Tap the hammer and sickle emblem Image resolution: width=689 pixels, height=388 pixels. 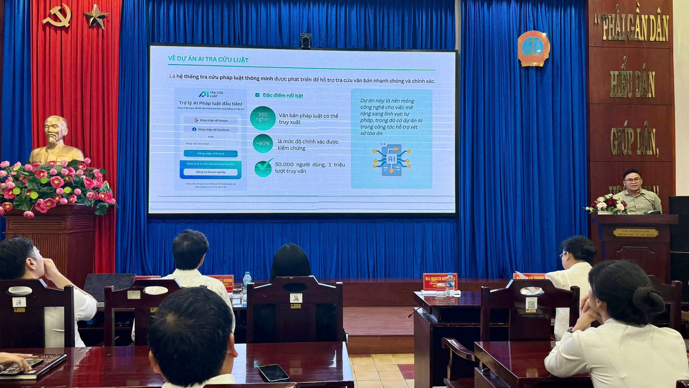click(57, 16)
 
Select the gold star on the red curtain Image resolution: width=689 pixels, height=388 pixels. click(95, 16)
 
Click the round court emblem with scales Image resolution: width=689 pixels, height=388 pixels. click(533, 48)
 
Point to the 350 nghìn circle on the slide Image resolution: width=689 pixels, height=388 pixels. click(263, 118)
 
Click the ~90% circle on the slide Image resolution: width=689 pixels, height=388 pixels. click(263, 143)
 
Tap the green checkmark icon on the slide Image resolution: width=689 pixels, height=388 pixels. click(264, 168)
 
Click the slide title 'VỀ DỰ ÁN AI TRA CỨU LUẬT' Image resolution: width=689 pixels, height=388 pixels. click(208, 59)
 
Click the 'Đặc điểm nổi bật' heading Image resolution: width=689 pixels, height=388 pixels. click(282, 96)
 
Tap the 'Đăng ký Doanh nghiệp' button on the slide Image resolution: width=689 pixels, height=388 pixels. click(210, 172)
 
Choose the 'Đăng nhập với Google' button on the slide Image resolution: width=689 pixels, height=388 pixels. click(211, 120)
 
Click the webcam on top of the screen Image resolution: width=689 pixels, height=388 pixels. click(305, 41)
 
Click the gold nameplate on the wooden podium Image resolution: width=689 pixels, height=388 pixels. click(635, 233)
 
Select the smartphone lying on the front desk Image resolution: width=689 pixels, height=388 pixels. click(274, 372)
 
